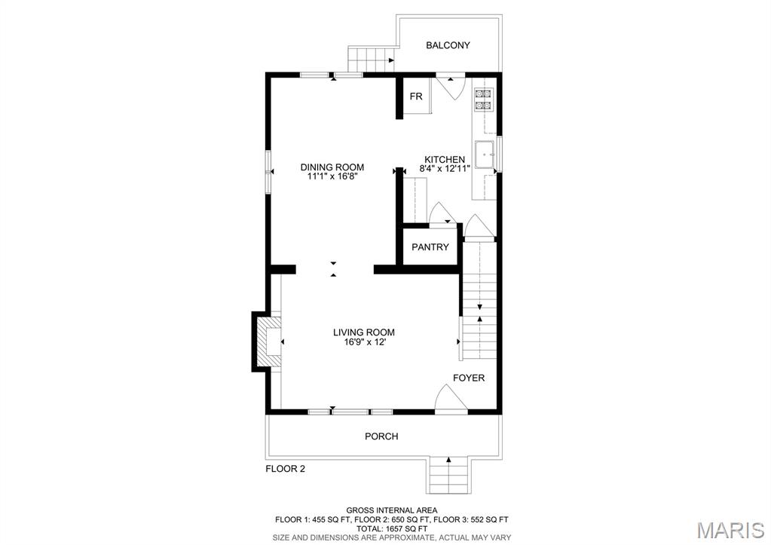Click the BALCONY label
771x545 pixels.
[x=448, y=45]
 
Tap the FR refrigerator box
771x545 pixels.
[x=415, y=96]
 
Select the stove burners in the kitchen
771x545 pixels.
[x=482, y=100]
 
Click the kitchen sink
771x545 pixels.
[x=484, y=153]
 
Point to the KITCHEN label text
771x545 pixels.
[x=444, y=159]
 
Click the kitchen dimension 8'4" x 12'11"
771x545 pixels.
[x=444, y=169]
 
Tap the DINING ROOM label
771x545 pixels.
[x=332, y=167]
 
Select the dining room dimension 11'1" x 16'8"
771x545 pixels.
[x=332, y=176]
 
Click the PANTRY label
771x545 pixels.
[x=430, y=247]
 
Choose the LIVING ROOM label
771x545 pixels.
[x=364, y=332]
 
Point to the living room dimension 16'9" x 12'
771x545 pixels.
[x=364, y=342]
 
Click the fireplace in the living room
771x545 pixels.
[x=269, y=343]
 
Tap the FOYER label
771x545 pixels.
[x=468, y=378]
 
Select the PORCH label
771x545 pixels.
[x=381, y=436]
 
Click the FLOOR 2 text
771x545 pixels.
[x=285, y=469]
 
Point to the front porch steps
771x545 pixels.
[x=449, y=475]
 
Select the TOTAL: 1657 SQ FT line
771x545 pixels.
[x=391, y=528]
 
